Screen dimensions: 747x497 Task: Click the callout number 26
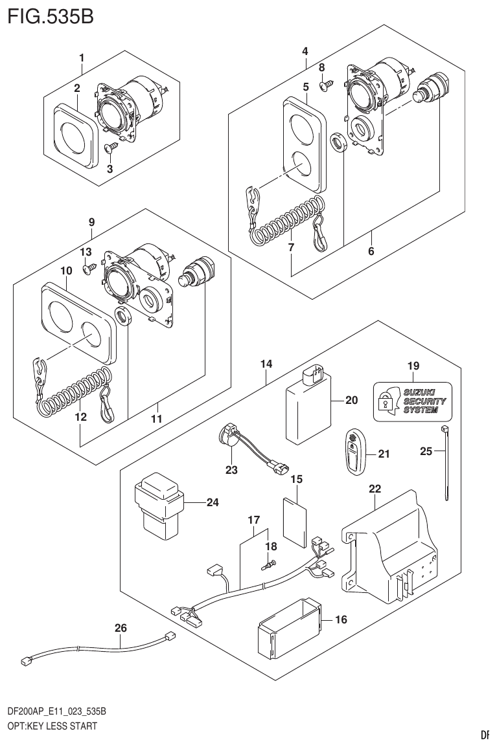click(x=121, y=627)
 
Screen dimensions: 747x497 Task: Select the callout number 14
click(x=266, y=364)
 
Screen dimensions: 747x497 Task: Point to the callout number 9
click(x=91, y=222)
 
